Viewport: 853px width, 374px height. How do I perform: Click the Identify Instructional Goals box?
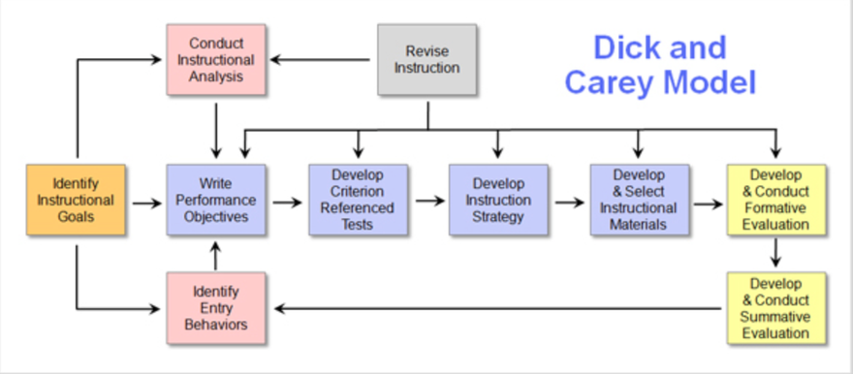[76, 201]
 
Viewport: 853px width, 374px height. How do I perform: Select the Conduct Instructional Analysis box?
[215, 60]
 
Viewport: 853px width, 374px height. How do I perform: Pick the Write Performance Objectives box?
[215, 201]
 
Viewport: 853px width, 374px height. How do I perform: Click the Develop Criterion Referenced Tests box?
[357, 201]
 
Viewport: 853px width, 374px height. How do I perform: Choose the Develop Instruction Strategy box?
[497, 201]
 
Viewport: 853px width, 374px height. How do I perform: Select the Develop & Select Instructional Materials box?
[638, 201]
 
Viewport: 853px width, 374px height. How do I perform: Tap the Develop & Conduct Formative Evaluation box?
[775, 201]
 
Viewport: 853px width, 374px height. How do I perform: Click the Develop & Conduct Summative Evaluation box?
[775, 308]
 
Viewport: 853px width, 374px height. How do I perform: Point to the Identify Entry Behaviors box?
[215, 308]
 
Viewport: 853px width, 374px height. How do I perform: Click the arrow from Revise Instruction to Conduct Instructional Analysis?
[320, 60]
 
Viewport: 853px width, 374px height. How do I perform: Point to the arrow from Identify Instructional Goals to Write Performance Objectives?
[145, 203]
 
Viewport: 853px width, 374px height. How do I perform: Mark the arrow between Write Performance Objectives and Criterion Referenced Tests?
[286, 203]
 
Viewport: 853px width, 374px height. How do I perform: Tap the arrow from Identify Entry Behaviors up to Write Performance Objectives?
[215, 256]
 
